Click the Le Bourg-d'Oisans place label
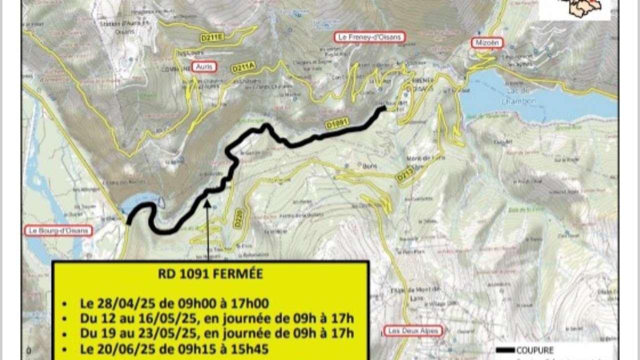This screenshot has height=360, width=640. [x=58, y=230]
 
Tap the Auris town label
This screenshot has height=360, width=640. [x=204, y=66]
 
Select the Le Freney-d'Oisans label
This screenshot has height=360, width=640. [x=369, y=37]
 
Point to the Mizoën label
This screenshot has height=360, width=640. [x=487, y=43]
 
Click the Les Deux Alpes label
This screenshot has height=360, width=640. [x=413, y=331]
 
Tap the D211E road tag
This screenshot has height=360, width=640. [x=211, y=36]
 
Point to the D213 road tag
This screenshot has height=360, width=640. [x=405, y=174]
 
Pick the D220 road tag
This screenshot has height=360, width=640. [x=239, y=218]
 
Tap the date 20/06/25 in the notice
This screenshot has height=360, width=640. [x=117, y=348]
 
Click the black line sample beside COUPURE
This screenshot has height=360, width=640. [x=505, y=350]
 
